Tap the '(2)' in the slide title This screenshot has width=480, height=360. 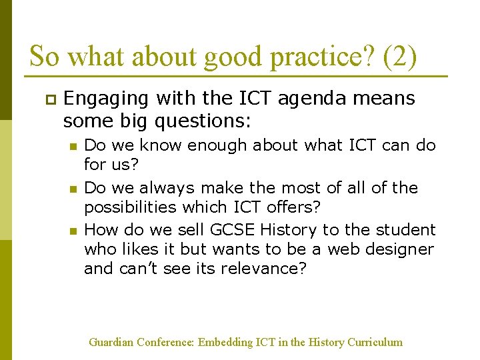click(x=400, y=57)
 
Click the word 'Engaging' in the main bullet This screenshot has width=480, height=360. click(x=107, y=99)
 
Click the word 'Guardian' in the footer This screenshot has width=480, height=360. click(x=111, y=342)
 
